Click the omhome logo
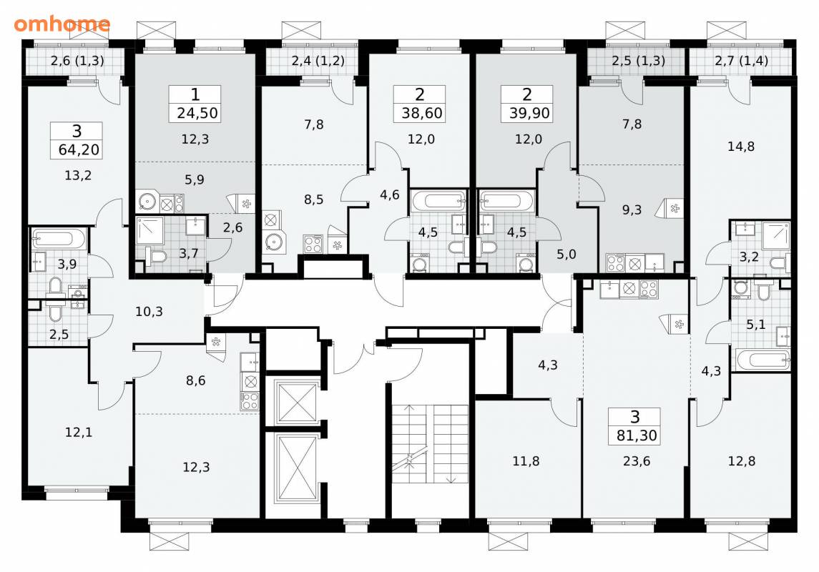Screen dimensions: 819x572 click(x=62, y=24)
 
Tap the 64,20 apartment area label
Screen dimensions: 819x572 click(x=79, y=149)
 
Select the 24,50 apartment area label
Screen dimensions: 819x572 click(x=197, y=113)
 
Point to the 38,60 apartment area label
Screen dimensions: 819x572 click(x=421, y=113)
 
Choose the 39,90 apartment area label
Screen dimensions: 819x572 click(x=529, y=113)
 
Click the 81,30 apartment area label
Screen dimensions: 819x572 click(x=637, y=435)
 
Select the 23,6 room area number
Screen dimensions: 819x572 click(x=637, y=461)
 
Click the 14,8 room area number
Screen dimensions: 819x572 click(x=741, y=147)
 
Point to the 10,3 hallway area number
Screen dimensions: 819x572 click(x=149, y=312)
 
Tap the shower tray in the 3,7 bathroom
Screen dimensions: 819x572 click(x=150, y=231)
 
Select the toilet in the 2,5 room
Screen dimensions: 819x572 click(x=55, y=312)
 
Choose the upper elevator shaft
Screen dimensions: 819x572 click(x=297, y=402)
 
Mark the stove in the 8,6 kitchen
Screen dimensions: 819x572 click(x=250, y=401)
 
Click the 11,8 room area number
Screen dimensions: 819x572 click(x=526, y=461)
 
